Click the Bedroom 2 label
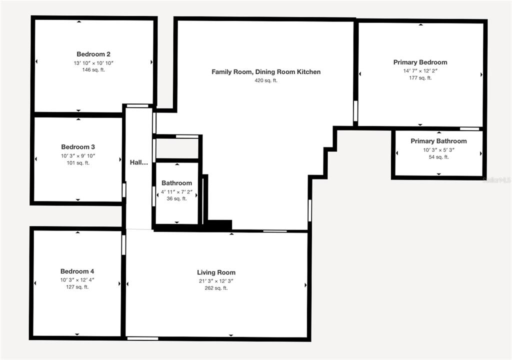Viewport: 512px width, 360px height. click(x=93, y=54)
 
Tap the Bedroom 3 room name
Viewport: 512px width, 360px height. click(x=78, y=147)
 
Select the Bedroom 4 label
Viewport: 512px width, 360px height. click(x=77, y=271)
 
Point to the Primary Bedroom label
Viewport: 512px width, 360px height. click(x=420, y=62)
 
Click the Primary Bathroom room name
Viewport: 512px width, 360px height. click(x=438, y=141)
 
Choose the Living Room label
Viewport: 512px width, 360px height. click(x=216, y=272)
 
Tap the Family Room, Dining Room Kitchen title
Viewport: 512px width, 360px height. click(x=266, y=72)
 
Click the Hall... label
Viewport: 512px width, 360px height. click(x=139, y=162)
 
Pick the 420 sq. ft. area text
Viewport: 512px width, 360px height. click(x=266, y=80)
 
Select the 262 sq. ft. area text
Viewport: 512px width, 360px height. click(x=216, y=288)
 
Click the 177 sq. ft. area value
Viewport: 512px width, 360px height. click(x=420, y=78)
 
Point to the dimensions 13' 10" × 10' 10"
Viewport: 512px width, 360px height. click(x=93, y=63)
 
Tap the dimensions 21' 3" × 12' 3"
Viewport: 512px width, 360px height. click(x=216, y=281)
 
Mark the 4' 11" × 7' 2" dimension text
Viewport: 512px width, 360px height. click(x=176, y=192)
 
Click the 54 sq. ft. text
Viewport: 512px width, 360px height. click(x=439, y=157)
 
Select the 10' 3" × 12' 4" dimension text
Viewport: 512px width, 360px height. click(x=77, y=280)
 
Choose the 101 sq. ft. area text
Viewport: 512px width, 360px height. click(x=78, y=163)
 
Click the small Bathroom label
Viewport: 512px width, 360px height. click(x=176, y=183)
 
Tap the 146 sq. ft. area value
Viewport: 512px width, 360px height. click(x=93, y=70)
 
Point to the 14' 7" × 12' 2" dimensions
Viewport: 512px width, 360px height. click(x=420, y=71)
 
